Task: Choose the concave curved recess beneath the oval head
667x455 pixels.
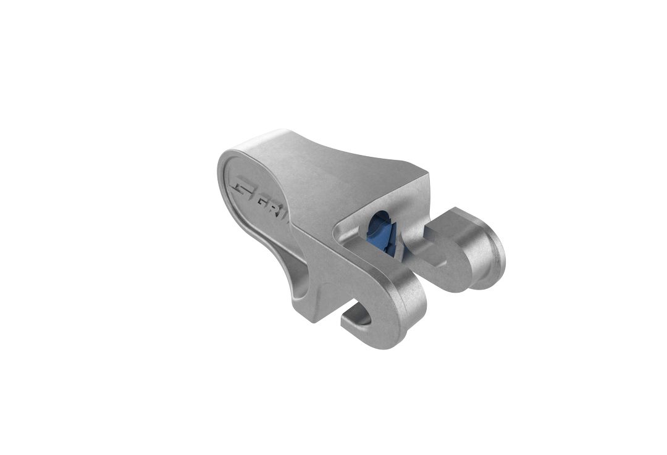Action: point(290,272)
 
